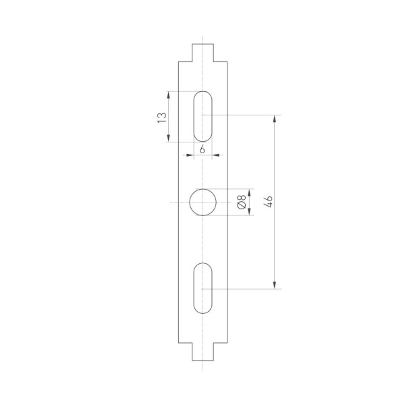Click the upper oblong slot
[x=202, y=115]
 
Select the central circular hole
[x=202, y=202]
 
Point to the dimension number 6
[x=202, y=148]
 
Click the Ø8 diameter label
[x=241, y=201]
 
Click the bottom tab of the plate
[x=202, y=352]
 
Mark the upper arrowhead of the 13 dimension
[x=168, y=94]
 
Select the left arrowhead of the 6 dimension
[x=190, y=155]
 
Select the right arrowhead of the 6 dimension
[x=215, y=155]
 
